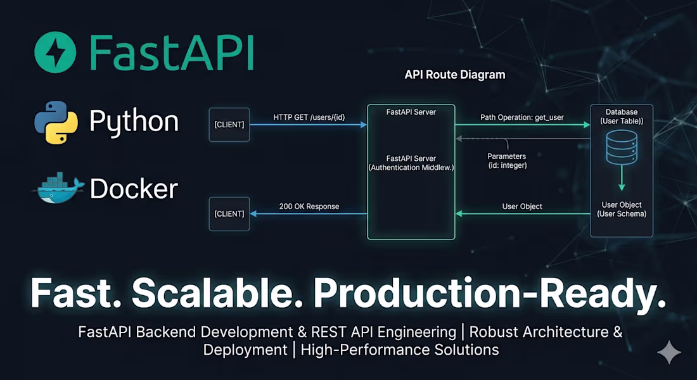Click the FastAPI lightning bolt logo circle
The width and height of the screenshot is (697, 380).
click(55, 52)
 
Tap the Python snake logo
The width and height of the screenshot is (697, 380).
click(56, 122)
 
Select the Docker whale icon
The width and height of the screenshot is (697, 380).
click(58, 188)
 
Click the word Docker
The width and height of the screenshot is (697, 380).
click(134, 188)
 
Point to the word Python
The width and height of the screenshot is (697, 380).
click(134, 121)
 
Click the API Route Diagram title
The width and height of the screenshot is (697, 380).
click(455, 75)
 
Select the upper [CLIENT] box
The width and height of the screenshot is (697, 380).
click(229, 124)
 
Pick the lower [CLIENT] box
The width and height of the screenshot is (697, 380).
click(229, 213)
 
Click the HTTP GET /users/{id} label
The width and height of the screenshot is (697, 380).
click(309, 117)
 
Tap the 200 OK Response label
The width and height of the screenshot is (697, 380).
click(309, 206)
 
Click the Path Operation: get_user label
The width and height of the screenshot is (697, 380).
click(521, 117)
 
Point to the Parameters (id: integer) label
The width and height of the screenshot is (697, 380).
click(506, 161)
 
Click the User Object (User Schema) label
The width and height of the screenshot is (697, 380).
click(621, 210)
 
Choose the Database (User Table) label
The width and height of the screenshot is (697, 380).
click(621, 116)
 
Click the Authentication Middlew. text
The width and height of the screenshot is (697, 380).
click(411, 167)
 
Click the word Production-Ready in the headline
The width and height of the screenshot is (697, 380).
click(490, 293)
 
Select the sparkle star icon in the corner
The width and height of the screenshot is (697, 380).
click(669, 353)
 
